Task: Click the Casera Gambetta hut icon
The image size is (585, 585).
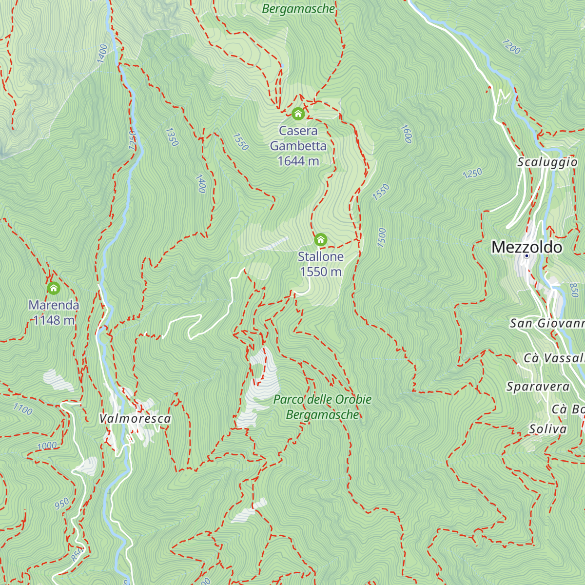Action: (x=298, y=114)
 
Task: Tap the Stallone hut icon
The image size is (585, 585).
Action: (x=320, y=239)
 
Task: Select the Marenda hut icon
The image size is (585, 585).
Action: (x=54, y=288)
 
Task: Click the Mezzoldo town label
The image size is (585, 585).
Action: (x=526, y=247)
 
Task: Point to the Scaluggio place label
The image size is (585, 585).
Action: (x=547, y=162)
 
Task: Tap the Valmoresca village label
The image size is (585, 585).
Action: (x=135, y=418)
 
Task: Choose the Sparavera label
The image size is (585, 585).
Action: (x=538, y=387)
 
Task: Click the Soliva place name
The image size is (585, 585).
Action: (x=548, y=429)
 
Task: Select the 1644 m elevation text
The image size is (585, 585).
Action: (x=298, y=161)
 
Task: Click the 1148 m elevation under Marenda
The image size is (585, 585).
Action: (x=54, y=320)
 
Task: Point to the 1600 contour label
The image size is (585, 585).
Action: (x=406, y=134)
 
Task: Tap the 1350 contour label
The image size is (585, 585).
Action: (x=172, y=137)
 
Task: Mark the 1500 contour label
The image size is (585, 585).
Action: (x=382, y=237)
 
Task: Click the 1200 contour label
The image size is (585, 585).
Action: (x=511, y=47)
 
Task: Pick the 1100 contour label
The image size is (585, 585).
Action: (x=22, y=409)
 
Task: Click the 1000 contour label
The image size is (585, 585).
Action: (x=47, y=446)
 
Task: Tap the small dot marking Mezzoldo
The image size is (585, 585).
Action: (x=526, y=256)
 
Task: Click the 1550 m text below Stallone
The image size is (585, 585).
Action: (x=320, y=272)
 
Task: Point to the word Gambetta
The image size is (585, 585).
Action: (x=298, y=146)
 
